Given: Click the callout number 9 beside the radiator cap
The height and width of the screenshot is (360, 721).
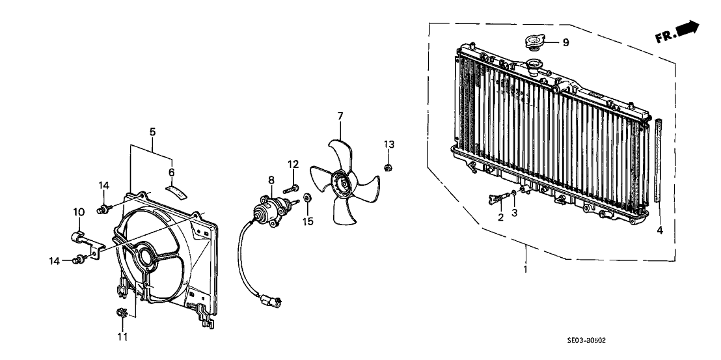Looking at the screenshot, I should tap(565, 43).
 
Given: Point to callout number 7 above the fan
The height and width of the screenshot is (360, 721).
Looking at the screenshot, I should tap(340, 117).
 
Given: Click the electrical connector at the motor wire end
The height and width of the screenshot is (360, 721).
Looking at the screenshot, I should tap(270, 301).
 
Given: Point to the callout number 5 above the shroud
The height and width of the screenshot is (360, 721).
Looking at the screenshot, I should tap(152, 132).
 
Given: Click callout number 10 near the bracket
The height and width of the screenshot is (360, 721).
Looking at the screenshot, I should tap(78, 212).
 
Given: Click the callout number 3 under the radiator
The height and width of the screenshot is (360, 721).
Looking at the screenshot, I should tap(514, 213).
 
